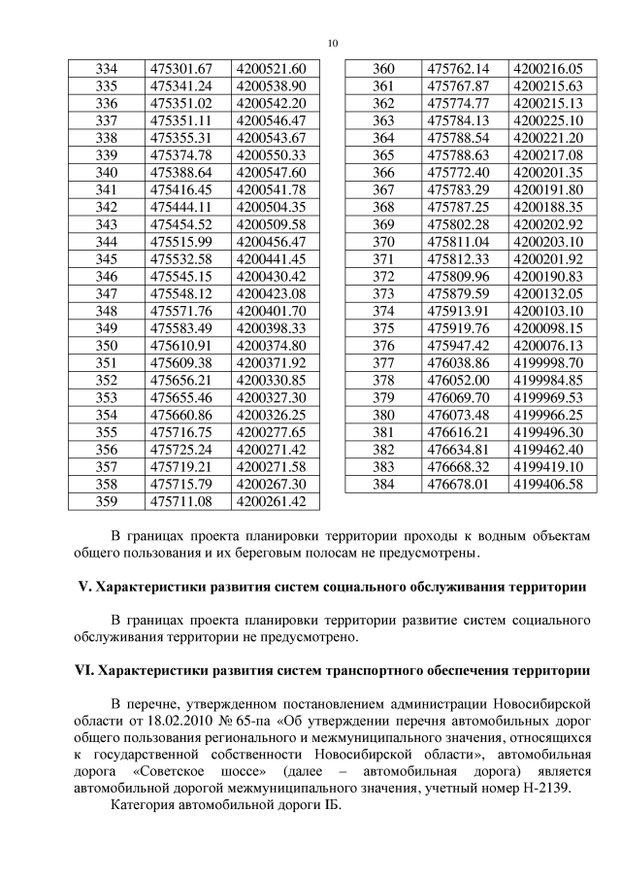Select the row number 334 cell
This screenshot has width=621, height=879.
108,69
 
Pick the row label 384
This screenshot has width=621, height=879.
383,484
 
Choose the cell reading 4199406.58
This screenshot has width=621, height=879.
548,484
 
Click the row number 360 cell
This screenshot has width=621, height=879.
383,69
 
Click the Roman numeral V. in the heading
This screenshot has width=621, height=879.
83,589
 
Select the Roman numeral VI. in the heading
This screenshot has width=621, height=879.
85,671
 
